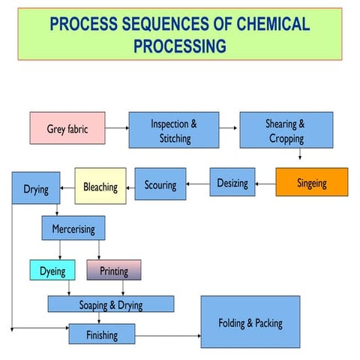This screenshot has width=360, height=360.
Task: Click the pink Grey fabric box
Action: (x=67, y=130)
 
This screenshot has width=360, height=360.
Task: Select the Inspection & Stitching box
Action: (x=174, y=130)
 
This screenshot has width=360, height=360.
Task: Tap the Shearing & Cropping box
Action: (x=286, y=130)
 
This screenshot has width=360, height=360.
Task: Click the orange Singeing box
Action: (x=311, y=182)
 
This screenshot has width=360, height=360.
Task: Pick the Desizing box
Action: (x=232, y=182)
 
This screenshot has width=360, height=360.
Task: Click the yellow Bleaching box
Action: (x=100, y=186)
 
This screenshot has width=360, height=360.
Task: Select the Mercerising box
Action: (x=73, y=228)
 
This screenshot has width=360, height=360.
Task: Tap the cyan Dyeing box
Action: (x=52, y=270)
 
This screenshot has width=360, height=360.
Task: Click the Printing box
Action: (x=114, y=270)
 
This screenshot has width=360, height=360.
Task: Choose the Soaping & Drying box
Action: (x=111, y=304)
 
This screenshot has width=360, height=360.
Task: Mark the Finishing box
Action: (x=102, y=334)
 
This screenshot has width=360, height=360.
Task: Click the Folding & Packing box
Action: (x=250, y=322)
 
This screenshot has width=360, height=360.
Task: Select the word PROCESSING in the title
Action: (x=180, y=46)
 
